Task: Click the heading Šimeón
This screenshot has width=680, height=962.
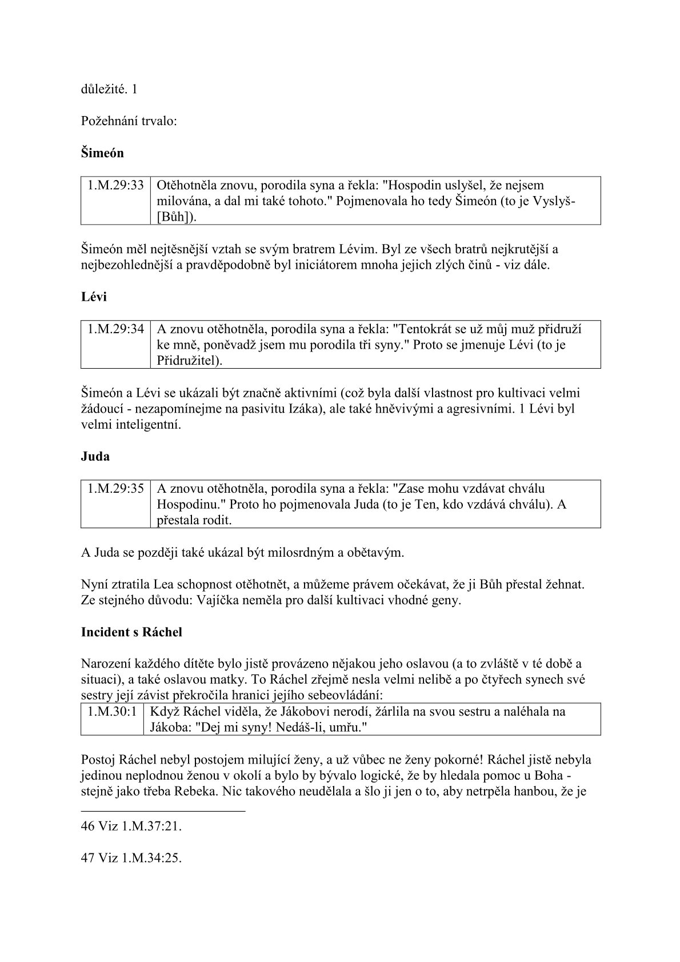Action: (102, 153)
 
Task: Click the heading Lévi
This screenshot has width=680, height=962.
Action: (94, 297)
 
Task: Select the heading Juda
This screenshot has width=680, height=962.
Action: (95, 457)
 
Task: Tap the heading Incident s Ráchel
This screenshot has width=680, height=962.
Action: (131, 632)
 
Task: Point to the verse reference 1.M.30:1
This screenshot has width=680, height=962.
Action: (113, 712)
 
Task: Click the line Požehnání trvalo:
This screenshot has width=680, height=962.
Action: (129, 121)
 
